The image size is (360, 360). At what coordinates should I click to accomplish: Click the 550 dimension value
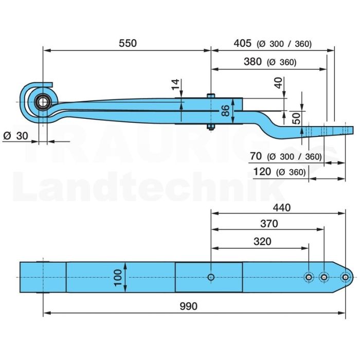[x=128, y=43]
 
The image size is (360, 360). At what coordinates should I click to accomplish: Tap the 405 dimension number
[x=242, y=43]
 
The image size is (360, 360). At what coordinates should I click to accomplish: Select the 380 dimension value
[x=253, y=62]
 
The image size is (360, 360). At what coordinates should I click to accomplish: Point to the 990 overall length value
[x=189, y=307]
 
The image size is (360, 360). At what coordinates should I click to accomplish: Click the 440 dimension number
[x=282, y=208]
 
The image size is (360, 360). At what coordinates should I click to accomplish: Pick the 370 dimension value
[x=269, y=223]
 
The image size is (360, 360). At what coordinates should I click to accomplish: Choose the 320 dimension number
[x=262, y=242]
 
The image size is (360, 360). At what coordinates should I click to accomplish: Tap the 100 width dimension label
[x=118, y=278]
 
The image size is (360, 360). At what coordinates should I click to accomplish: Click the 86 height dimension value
[x=226, y=111]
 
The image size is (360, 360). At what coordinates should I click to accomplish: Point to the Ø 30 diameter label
[x=16, y=136]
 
